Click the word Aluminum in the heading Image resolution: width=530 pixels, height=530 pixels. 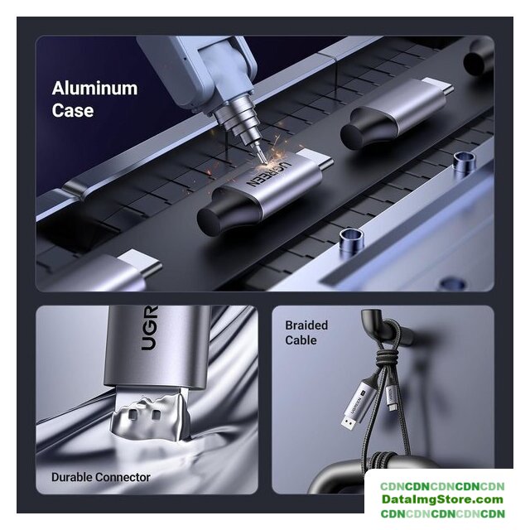tap(95, 89)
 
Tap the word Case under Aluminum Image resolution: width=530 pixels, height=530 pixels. tap(73, 110)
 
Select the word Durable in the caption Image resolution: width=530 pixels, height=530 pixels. tap(72, 477)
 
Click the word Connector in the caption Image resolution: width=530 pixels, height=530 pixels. tap(123, 477)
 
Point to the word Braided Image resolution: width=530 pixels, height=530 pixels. tap(306, 325)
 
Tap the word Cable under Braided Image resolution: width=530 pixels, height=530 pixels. tap(301, 340)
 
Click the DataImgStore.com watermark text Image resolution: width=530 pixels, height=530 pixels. tap(443, 499)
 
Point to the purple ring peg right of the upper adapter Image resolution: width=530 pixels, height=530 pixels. tap(465, 163)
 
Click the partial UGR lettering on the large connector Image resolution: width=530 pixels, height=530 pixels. tap(149, 328)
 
